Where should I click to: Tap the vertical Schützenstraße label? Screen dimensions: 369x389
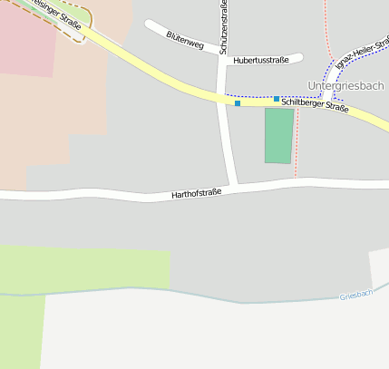[223, 28]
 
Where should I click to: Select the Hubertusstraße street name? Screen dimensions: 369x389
[260, 60]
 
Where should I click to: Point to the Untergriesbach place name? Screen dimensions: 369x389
[345, 86]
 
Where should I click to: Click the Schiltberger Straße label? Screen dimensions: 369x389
[315, 106]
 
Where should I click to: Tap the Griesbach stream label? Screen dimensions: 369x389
[355, 296]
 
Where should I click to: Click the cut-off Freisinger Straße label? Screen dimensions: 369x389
[54, 13]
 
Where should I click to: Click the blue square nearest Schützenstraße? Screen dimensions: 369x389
[238, 103]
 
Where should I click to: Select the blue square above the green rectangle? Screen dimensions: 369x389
[277, 98]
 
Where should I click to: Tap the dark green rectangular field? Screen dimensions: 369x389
[278, 136]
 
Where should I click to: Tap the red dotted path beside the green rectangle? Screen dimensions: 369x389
[297, 145]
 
